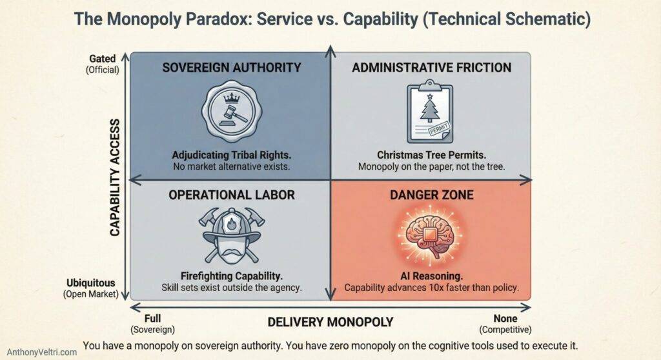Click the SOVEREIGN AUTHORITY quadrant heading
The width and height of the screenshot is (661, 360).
click(231, 67)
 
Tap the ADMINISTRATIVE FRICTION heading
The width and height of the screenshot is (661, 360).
click(431, 67)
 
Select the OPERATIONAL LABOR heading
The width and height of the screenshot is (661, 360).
click(231, 195)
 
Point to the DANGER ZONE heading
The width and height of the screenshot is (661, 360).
click(431, 195)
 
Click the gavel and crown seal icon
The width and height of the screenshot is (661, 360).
click(230, 114)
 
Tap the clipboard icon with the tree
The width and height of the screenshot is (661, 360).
click(430, 113)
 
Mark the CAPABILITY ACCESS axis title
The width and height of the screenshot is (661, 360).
click(116, 176)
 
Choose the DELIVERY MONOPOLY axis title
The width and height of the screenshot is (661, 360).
click(330, 321)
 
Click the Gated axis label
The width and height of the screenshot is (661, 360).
click(103, 59)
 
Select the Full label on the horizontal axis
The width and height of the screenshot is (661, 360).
click(152, 317)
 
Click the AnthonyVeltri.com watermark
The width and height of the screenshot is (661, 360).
click(39, 352)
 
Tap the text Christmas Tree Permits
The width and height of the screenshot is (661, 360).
click(430, 155)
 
